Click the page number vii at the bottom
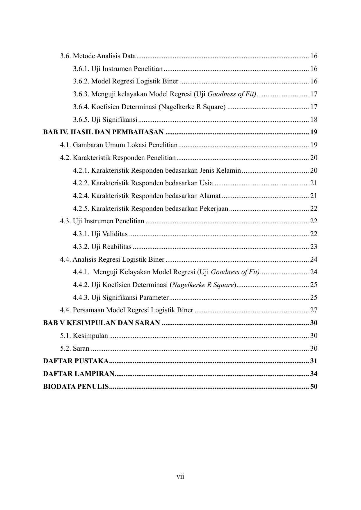tap(180, 476)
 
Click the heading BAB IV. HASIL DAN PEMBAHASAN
tap(103, 132)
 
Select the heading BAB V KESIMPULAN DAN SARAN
tap(102, 323)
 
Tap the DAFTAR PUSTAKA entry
tap(76, 361)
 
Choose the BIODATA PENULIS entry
tap(76, 387)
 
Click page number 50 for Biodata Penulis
tap(314, 387)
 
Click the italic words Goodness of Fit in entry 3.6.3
tap(232, 94)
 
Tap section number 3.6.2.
tap(81, 81)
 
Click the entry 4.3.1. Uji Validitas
tap(100, 234)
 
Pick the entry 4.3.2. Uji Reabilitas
tap(102, 247)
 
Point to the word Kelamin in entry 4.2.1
tap(228, 170)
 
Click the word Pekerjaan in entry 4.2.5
tap(214, 208)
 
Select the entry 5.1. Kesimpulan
tap(84, 336)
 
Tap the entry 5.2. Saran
tap(75, 348)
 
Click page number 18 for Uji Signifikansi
tap(314, 120)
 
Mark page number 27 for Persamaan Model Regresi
tap(314, 310)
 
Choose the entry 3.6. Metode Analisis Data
tap(98, 56)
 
